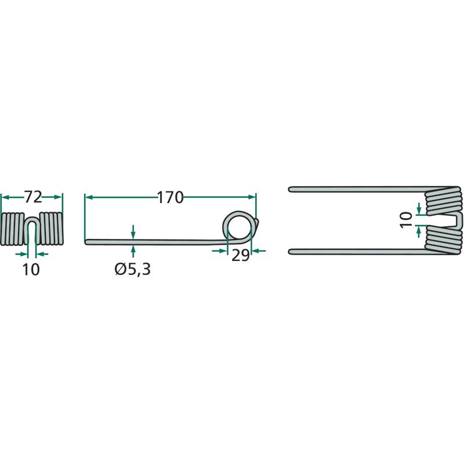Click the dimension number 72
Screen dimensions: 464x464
click(x=32, y=197)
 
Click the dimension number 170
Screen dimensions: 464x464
click(x=170, y=198)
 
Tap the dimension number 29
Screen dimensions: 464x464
click(x=240, y=255)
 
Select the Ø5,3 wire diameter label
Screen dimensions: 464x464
click(x=133, y=269)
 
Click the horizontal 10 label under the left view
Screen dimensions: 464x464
click(x=31, y=270)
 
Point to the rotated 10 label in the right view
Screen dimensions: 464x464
click(x=406, y=220)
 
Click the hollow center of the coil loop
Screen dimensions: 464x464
click(x=239, y=227)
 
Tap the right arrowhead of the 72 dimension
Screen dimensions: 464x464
click(x=59, y=197)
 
